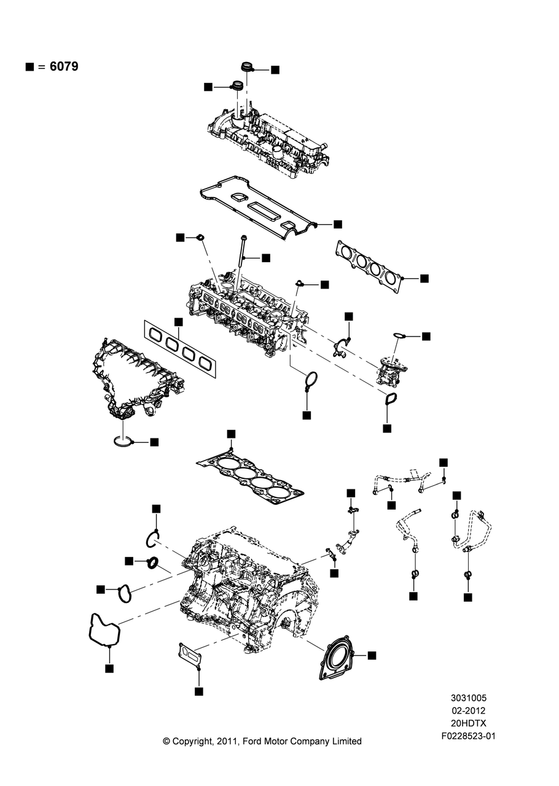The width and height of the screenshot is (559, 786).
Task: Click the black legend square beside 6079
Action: coord(29,66)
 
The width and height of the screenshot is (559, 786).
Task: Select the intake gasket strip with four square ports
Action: coord(181,348)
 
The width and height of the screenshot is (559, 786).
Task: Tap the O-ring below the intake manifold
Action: coord(123,440)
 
